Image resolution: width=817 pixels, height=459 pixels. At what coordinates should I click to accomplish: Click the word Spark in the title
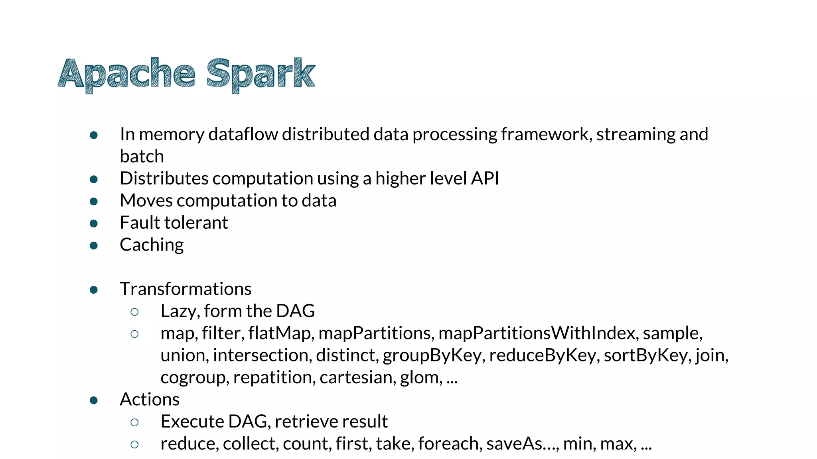coord(261,74)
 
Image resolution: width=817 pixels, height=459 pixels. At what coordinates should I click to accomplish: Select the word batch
coord(142,156)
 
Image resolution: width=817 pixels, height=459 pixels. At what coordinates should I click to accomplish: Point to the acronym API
coord(485,178)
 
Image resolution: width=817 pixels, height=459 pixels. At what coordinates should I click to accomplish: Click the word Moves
coord(146,200)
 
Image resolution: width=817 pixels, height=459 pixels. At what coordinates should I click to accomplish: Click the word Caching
coord(152,245)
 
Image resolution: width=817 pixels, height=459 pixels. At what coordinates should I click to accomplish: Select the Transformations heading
coord(186,289)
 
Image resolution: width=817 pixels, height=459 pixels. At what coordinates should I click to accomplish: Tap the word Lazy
coord(180,311)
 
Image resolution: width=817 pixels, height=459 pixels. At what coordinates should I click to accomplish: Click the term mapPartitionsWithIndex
coord(537,333)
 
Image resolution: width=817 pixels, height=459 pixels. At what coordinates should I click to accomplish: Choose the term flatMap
coord(280,333)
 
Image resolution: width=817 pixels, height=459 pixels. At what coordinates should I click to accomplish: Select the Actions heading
coord(150,399)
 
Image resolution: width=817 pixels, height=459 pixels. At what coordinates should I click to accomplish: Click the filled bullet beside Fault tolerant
coord(94,223)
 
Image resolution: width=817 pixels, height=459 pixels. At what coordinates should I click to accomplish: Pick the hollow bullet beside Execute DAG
coord(134,422)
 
